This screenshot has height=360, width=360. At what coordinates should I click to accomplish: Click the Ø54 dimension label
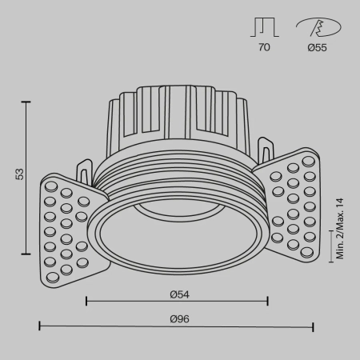pyautogui.click(x=177, y=294)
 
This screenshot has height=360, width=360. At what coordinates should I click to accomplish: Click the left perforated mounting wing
pyautogui.click(x=67, y=228)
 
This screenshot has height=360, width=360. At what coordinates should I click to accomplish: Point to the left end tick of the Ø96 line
pyautogui.click(x=40, y=326)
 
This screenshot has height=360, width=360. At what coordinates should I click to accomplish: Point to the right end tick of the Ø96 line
pyautogui.click(x=313, y=326)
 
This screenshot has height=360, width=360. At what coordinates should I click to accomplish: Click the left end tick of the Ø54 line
pyautogui.click(x=86, y=302)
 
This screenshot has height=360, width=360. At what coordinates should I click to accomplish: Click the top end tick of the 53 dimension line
pyautogui.click(x=28, y=102)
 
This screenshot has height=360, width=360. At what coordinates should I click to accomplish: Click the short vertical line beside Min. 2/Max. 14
pyautogui.click(x=333, y=246)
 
